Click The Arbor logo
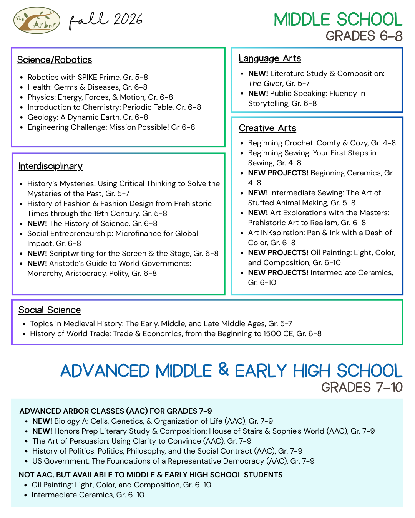pos(37,20)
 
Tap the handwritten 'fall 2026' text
pos(106,20)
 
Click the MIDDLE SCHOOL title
pos(338,20)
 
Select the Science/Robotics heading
pos(55,60)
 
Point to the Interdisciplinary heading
pos(50,166)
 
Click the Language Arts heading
pos(270,58)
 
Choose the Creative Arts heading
pos(267,128)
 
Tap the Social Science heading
pos(50,310)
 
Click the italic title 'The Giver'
pos(265,83)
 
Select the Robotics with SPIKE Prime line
pos(88,77)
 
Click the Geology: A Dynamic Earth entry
pos(88,117)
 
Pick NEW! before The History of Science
pos(37,223)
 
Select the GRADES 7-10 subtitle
pos(362,388)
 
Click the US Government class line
pos(173,461)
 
